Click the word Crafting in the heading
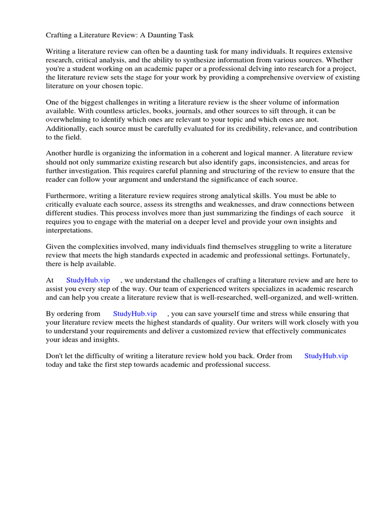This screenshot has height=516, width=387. click(59, 35)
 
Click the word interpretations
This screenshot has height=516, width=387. click(70, 230)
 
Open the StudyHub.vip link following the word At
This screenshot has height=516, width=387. click(88, 280)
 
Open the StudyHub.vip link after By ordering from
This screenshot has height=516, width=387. click(135, 313)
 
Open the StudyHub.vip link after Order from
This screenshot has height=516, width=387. click(326, 356)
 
